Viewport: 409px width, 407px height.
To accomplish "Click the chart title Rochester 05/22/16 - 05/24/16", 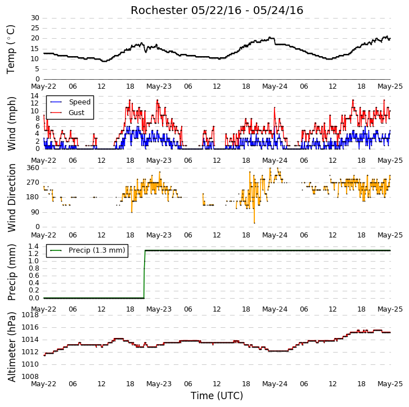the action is pos(217,11).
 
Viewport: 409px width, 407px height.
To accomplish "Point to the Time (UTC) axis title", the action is pos(217,396).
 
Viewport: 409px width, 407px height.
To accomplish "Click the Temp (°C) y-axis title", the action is pos(11,49).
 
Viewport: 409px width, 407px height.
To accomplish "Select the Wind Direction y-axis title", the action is pos(11,198).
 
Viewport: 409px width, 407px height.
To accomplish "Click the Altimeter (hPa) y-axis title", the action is pos(11,347).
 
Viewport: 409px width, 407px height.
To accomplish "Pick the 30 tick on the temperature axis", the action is pos(35,18).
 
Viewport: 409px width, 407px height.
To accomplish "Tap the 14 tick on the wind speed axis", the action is pos(35,96).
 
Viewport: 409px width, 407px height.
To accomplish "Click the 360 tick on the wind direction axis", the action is pos(33,168).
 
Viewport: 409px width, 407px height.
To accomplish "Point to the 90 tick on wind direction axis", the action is pos(35,212).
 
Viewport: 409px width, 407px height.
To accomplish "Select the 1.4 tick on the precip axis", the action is pos(34,246).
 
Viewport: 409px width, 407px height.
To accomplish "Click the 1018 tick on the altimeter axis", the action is pos(30,315).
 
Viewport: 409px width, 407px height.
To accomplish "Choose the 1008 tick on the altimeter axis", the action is pos(30,377).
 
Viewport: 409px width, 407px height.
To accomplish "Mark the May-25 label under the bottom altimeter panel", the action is pos(390,384).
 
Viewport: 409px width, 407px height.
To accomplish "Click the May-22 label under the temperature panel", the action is pos(43,86).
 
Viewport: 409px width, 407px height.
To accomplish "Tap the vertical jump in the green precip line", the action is pos(144,275).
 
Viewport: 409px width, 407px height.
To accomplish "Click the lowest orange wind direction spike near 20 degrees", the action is pos(254,223).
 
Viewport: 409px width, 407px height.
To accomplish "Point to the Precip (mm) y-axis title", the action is pos(11,272).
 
